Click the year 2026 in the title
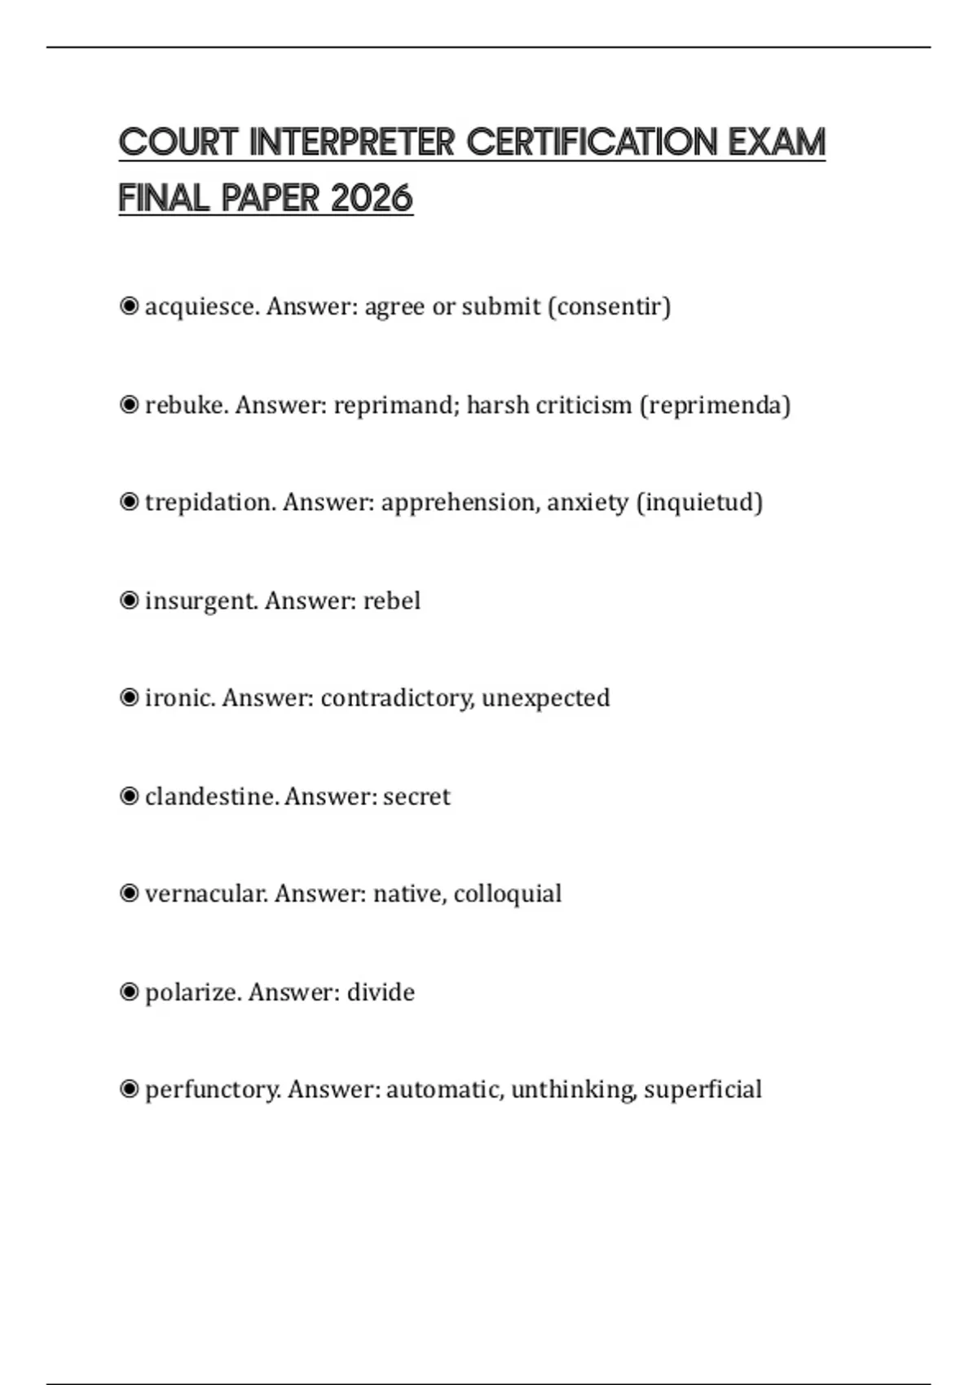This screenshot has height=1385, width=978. point(372,198)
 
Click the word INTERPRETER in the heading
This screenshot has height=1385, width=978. point(351,143)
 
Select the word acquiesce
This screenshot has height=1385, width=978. point(202,307)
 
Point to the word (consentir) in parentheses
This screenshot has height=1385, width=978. point(610,307)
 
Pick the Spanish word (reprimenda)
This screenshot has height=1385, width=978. point(715,405)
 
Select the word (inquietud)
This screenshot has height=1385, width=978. point(699,503)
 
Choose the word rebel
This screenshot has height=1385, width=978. point(392,601)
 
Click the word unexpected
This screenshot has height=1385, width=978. point(545,698)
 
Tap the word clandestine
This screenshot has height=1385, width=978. point(212,797)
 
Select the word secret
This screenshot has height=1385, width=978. point(416,797)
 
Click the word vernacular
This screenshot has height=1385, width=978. point(206,894)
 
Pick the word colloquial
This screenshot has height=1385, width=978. point(508,894)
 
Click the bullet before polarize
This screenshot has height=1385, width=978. point(129,991)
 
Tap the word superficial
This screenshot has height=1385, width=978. point(703,1089)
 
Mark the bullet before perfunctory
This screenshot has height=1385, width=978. point(129,1089)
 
